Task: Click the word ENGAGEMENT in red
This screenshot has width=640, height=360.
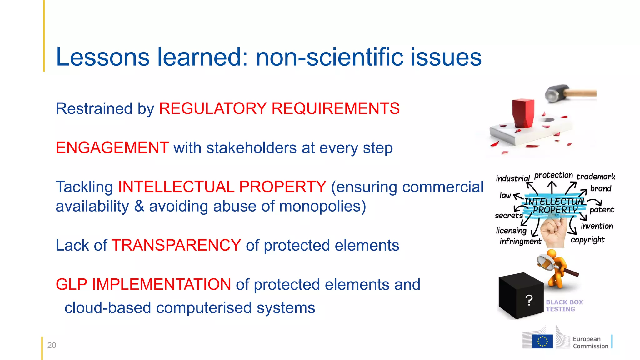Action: click(112, 148)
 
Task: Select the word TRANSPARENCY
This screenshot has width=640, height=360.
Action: click(176, 245)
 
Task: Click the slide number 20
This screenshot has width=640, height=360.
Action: click(52, 345)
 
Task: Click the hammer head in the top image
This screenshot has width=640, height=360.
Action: click(557, 93)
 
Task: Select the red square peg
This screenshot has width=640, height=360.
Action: click(523, 113)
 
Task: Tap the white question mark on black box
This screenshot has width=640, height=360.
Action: click(529, 301)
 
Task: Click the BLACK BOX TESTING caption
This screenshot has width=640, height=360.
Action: click(564, 306)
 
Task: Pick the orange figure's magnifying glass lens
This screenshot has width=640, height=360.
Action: click(546, 262)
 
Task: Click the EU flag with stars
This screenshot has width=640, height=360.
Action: click(542, 341)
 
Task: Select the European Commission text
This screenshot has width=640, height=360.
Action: click(590, 342)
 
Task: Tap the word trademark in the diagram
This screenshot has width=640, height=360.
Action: click(596, 177)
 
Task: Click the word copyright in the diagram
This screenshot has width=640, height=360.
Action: click(587, 240)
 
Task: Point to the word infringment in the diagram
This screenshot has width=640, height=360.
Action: click(520, 241)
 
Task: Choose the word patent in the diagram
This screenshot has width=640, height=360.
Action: click(602, 210)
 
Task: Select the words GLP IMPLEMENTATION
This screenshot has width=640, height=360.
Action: click(143, 285)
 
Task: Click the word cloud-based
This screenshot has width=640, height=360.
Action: click(108, 308)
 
